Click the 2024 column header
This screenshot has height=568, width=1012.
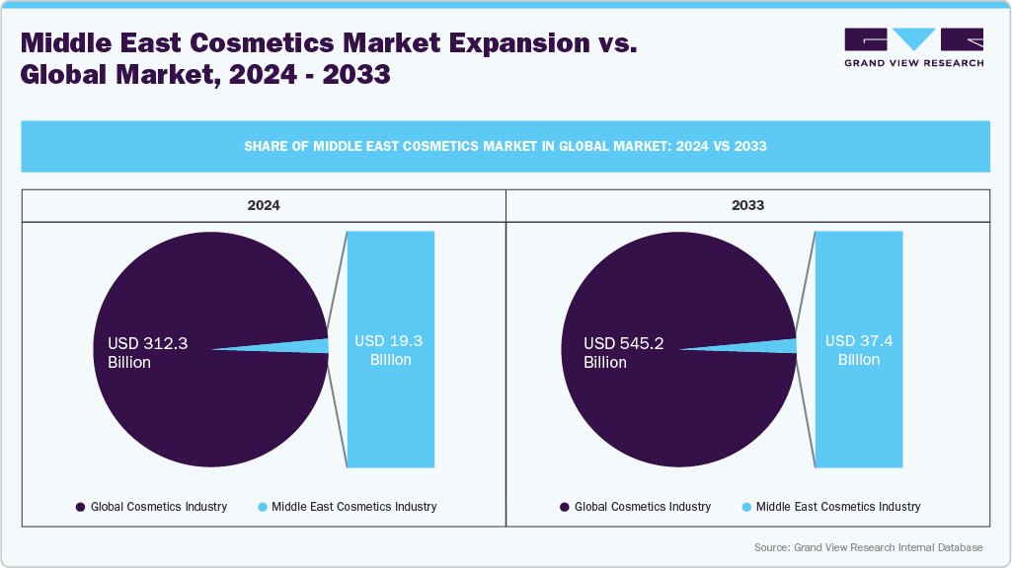tap(264, 206)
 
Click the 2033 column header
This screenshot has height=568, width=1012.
tap(747, 206)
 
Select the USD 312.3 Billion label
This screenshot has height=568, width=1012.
tap(147, 353)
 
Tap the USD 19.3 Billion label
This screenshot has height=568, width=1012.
tap(390, 350)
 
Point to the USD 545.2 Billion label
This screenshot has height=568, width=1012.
tap(623, 353)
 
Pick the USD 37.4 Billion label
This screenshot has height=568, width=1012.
tap(858, 350)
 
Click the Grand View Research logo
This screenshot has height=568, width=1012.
tap(913, 47)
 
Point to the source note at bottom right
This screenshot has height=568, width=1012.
tap(868, 547)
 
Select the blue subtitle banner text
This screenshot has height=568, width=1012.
tap(506, 146)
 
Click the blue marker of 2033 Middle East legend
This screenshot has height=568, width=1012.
tap(746, 507)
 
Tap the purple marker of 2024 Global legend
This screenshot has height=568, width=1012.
tap(80, 507)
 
